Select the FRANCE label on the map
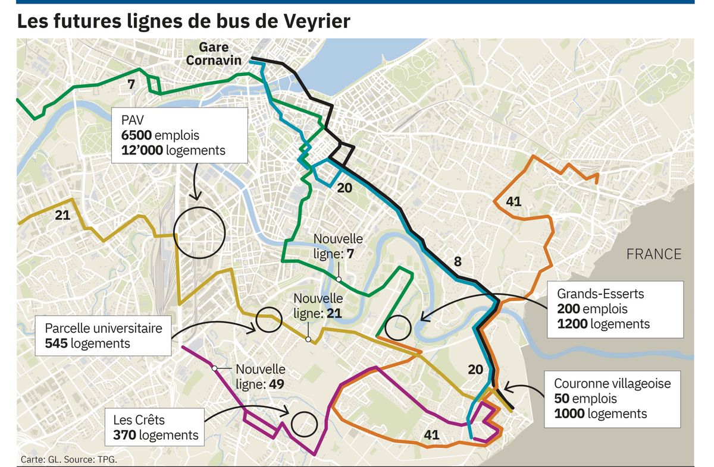point(653,254)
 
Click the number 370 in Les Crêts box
point(124,435)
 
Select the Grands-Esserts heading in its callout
point(600,294)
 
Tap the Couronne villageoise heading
point(612,384)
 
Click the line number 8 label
point(458,261)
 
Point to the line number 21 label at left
point(62,215)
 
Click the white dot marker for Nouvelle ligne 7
point(338,279)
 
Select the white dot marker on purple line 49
point(214,369)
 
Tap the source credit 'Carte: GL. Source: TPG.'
point(68,459)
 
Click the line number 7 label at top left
point(131,85)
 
